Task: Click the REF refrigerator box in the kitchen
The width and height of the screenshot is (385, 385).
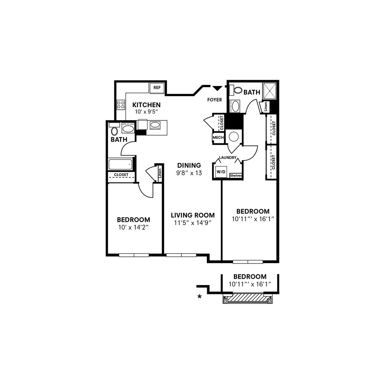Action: click(157, 88)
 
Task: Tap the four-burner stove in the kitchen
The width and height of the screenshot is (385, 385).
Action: click(121, 105)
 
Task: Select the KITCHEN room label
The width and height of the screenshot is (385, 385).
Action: click(146, 105)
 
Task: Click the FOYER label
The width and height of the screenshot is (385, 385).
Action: click(214, 100)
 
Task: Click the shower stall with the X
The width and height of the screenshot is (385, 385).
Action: click(270, 90)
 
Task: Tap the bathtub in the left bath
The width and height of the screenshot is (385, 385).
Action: click(120, 164)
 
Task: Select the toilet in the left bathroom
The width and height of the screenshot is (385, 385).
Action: click(114, 131)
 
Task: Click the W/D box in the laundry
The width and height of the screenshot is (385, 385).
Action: click(221, 172)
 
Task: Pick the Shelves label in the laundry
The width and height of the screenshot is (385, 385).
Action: click(236, 176)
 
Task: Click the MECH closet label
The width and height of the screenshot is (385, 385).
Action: click(218, 138)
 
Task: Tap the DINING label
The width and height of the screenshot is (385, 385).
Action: click(189, 165)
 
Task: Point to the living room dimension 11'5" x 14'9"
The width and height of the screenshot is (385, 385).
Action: click(192, 223)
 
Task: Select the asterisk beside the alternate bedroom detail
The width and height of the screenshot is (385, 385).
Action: click(200, 297)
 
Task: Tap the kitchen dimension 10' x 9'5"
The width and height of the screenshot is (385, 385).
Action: click(146, 112)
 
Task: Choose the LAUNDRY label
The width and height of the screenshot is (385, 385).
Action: click(228, 158)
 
